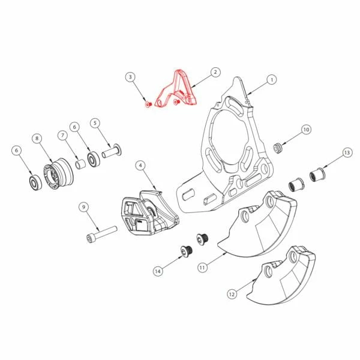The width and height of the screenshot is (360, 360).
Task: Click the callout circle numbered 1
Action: pos(272,80)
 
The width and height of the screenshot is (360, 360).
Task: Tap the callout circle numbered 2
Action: pos(215,72)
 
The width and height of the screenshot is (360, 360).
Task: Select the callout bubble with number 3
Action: pos(130,77)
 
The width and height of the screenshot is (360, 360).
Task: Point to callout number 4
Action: pos(140,166)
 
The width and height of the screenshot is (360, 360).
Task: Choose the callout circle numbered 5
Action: pos(95,123)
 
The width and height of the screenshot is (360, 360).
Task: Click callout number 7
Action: pos(62,136)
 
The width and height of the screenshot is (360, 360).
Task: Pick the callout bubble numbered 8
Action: pos(37,138)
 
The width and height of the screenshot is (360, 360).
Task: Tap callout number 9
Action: pos(83,207)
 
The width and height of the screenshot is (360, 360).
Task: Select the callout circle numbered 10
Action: pos(306,130)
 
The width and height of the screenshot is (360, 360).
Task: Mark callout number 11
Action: pos(202,268)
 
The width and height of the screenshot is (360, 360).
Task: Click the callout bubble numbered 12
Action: pos(232,294)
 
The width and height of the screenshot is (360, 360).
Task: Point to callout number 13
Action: pos(347,152)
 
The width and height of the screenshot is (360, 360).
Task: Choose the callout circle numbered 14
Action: pos(158,271)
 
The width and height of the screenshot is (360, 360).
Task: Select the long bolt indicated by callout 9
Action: pos(102,234)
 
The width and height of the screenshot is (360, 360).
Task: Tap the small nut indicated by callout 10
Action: pos(278,148)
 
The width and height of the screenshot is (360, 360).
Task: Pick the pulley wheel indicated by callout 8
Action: pos(58,173)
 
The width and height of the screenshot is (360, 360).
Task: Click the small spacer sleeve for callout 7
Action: pos(81,164)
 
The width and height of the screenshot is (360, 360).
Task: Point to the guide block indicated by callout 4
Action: pos(150,213)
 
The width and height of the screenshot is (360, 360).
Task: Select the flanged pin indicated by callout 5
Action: pos(112,152)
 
